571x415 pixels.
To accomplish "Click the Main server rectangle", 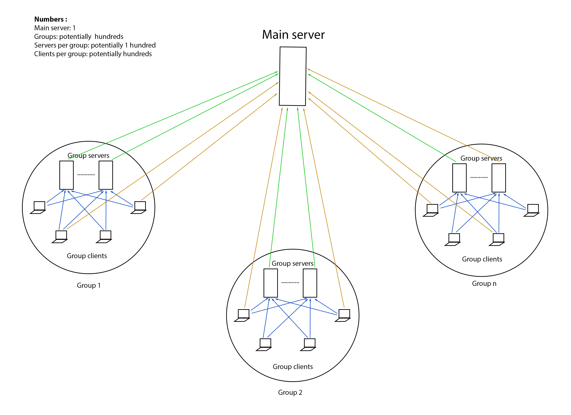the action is pyautogui.click(x=293, y=76).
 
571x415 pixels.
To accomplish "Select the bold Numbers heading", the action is pyautogui.click(x=51, y=19).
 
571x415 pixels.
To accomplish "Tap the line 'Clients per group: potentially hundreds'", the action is pyautogui.click(x=93, y=54).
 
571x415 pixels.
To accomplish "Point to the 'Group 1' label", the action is pyautogui.click(x=89, y=285).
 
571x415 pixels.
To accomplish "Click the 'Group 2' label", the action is pyautogui.click(x=290, y=392).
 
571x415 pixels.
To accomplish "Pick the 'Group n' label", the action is pyautogui.click(x=484, y=283).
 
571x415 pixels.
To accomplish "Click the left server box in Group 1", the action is pyautogui.click(x=66, y=175).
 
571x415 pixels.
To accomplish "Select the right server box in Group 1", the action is pyautogui.click(x=106, y=175).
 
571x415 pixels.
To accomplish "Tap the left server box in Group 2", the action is pyautogui.click(x=271, y=283).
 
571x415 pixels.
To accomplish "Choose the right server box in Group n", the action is pyautogui.click(x=499, y=178).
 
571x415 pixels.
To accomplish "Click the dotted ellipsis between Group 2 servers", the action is pyautogui.click(x=290, y=283).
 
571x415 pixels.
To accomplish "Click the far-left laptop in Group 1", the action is pyautogui.click(x=38, y=207).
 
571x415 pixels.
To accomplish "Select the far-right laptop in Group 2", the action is pyautogui.click(x=343, y=315).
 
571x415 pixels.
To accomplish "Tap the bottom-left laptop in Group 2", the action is pyautogui.click(x=264, y=344).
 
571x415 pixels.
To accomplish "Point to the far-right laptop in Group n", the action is pyautogui.click(x=532, y=210).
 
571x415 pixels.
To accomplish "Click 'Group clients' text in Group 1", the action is pyautogui.click(x=87, y=256).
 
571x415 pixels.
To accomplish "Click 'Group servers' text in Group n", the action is pyautogui.click(x=481, y=158).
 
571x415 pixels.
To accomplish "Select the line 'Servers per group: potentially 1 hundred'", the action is pyautogui.click(x=95, y=45).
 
